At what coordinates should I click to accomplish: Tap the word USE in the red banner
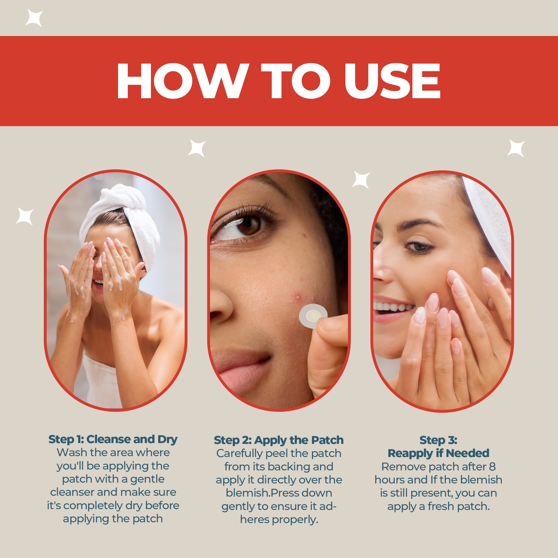click(x=392, y=81)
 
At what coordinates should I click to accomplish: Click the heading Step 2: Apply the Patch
click(x=279, y=440)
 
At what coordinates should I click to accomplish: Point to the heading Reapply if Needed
click(x=438, y=453)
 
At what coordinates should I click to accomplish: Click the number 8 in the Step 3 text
click(x=492, y=466)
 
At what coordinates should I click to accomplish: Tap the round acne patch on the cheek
click(x=313, y=315)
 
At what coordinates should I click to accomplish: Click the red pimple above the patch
click(x=298, y=296)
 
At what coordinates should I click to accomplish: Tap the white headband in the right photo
click(x=488, y=222)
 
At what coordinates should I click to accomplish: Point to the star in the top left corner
click(x=34, y=18)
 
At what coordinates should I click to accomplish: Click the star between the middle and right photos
click(x=361, y=180)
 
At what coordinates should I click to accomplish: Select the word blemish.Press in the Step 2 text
click(x=279, y=493)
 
